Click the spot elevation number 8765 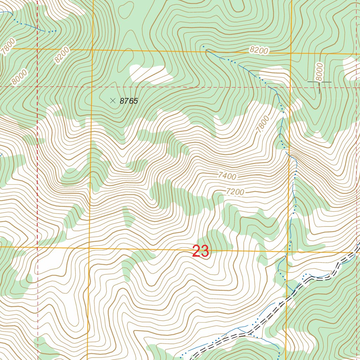[129, 101]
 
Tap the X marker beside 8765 [112, 101]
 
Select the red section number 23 [201, 251]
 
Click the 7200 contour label [235, 192]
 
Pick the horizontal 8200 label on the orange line [259, 50]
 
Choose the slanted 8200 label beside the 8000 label [62, 55]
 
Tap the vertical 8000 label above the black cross [319, 72]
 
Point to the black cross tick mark [319, 83]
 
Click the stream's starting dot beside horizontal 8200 [203, 46]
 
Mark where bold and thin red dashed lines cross [37, 86]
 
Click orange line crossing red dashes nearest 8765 [92, 86]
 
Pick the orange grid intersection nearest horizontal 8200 [291, 53]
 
